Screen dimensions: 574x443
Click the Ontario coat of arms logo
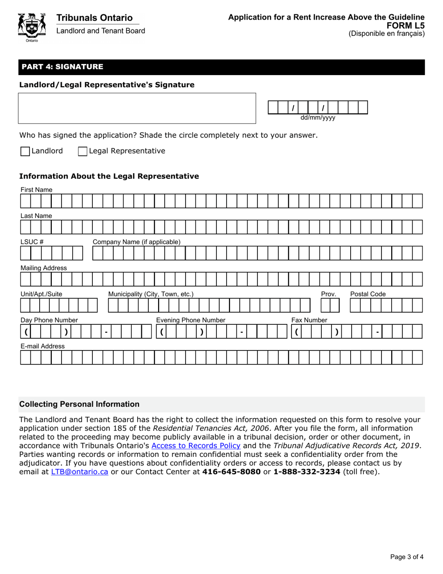[32, 27]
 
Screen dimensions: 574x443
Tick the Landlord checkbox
[25, 151]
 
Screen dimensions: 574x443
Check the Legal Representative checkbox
[83, 151]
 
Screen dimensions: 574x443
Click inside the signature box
[137, 108]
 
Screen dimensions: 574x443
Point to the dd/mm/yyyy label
[318, 118]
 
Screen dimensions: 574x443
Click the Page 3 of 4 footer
[407, 556]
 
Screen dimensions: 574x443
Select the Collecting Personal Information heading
[79, 404]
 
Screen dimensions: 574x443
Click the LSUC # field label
[32, 242]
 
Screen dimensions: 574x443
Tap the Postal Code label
[368, 294]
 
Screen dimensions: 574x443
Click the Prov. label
[329, 294]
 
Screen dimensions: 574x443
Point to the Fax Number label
[309, 320]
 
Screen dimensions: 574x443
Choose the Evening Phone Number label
[190, 320]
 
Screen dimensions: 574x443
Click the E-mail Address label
[42, 346]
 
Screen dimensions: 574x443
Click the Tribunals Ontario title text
[95, 18]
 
